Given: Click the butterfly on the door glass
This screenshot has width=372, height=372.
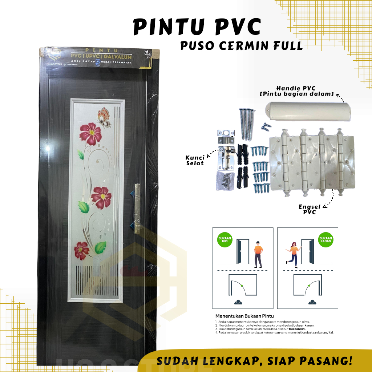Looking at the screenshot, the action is pos(104,117).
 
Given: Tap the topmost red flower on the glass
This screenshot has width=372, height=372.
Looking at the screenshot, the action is pos(90,133).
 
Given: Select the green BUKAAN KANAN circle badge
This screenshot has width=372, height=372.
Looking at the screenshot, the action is pos(326,240).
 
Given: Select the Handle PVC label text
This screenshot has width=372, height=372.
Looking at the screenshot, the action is pos(304,91).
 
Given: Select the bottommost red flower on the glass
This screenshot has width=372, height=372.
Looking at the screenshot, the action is pos(82,250).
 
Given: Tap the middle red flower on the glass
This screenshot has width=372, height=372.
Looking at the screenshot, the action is pos(101,197).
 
